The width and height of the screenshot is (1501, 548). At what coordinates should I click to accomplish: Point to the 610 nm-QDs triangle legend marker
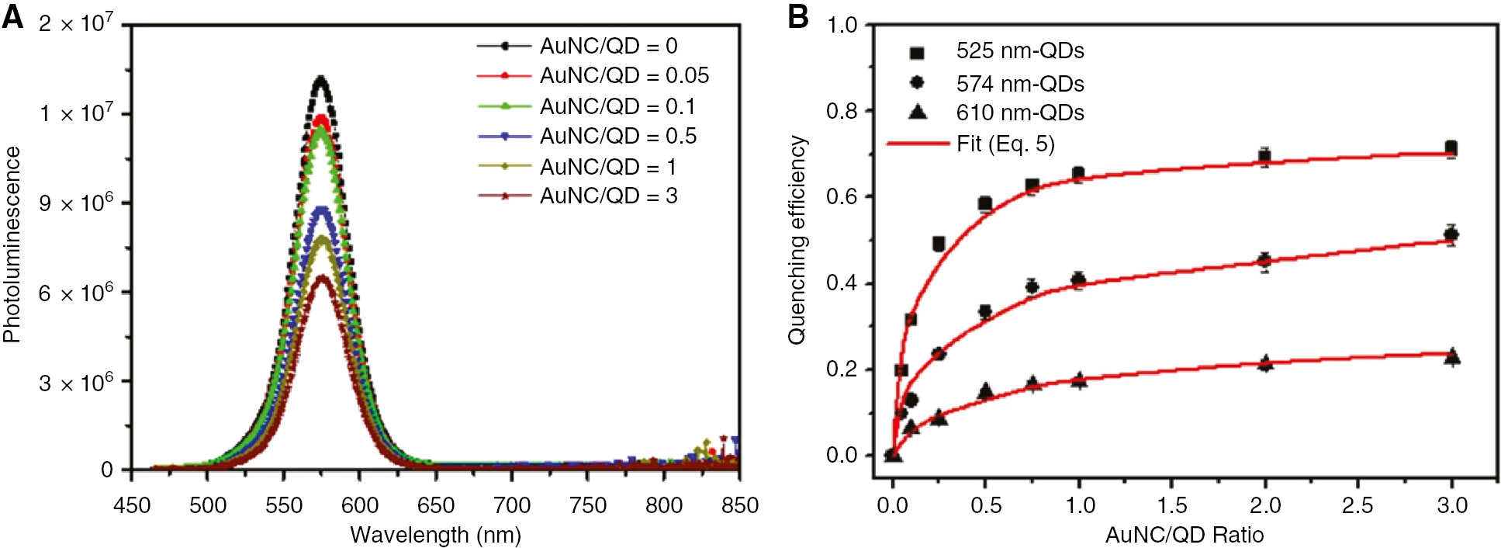coord(917,113)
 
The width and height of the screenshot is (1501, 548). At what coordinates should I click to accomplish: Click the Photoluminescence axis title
coord(12,245)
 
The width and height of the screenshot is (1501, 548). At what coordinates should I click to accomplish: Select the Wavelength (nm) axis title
coord(435,535)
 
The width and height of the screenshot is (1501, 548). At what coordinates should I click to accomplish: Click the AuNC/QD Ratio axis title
coord(1184,535)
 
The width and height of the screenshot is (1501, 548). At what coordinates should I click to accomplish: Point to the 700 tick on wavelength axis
coord(512,506)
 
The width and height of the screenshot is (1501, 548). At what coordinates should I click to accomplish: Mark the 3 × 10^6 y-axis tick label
coord(76,383)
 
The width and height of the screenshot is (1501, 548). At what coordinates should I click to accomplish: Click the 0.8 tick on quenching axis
coord(842,111)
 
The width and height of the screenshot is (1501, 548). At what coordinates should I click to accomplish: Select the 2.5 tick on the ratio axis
coord(1357,506)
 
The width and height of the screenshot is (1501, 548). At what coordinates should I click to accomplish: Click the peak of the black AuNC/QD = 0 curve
coord(320,78)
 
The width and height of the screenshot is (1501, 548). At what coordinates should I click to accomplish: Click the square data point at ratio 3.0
coord(1451,148)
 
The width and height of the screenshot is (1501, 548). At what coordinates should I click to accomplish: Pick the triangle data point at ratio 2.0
coord(1265,362)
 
